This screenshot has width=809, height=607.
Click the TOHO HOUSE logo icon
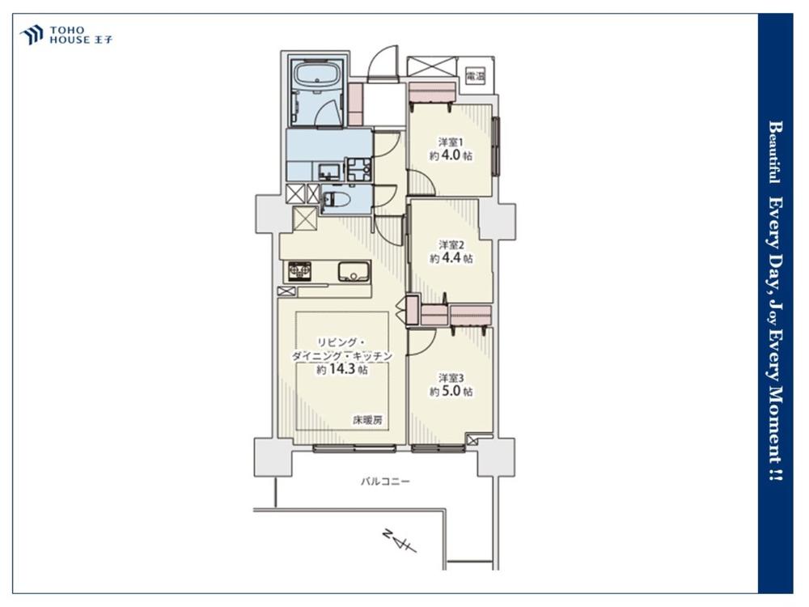[31, 35]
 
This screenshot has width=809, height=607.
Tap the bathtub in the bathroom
[316, 74]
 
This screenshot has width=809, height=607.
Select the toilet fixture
[336, 199]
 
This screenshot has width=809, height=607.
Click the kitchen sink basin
[354, 271]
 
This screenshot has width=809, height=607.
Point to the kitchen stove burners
[300, 271]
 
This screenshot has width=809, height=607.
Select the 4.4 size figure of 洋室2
[451, 257]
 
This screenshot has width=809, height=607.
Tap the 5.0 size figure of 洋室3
[451, 391]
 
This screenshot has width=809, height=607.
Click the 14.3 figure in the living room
[342, 369]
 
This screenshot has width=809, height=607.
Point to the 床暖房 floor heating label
[367, 420]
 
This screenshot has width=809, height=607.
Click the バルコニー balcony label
[385, 482]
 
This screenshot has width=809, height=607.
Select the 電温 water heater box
[475, 77]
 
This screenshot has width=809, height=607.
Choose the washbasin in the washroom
[327, 170]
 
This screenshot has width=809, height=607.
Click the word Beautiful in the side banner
[774, 152]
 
